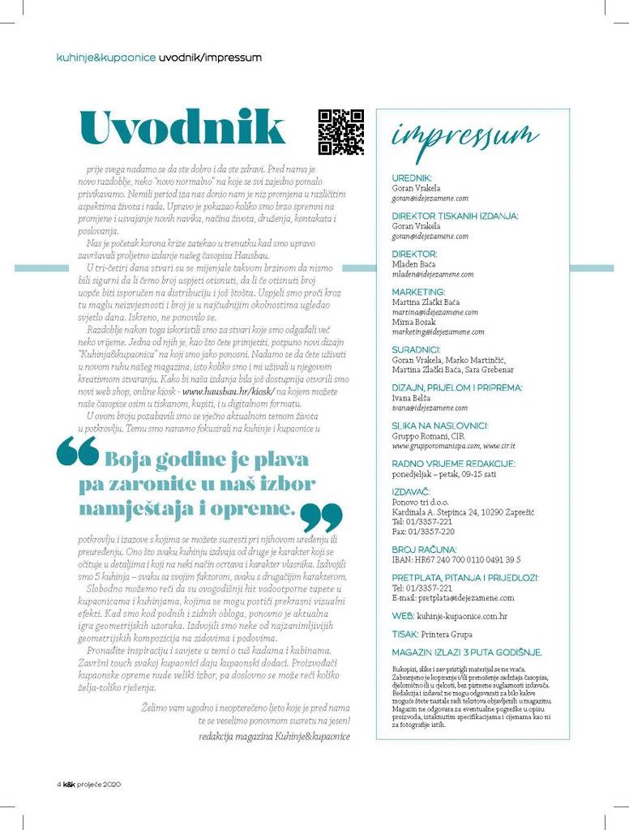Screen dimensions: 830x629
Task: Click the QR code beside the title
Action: pos(340,131)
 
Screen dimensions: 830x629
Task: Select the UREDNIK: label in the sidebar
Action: pos(412,178)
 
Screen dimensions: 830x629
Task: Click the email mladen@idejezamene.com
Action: pos(433,274)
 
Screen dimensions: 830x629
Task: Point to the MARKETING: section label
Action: pos(418,291)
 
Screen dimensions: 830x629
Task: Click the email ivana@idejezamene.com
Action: pos(430,408)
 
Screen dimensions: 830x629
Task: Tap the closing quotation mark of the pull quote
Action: pos(322,516)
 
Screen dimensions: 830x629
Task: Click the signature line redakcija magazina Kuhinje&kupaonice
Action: pos(274,736)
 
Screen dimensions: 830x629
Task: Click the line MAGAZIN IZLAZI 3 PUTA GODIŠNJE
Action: pos(467,652)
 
